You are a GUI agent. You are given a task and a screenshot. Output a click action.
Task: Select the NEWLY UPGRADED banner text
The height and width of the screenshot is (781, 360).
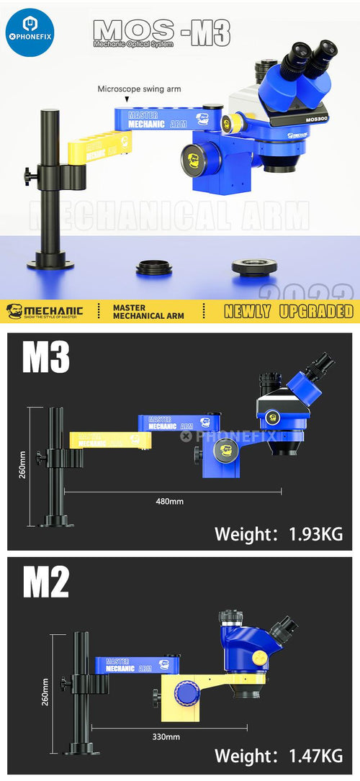tap(288, 311)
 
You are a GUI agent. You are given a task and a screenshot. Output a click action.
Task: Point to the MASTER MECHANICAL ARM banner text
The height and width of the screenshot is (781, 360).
tap(148, 311)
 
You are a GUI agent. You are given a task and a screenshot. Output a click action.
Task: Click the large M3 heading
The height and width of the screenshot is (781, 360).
tap(45, 358)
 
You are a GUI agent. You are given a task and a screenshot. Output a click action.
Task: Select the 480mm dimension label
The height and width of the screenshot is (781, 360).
tap(168, 501)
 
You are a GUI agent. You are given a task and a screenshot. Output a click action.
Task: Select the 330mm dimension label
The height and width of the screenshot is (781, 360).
tap(166, 736)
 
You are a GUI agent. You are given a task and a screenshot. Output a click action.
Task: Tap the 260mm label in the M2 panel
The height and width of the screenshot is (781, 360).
tap(45, 691)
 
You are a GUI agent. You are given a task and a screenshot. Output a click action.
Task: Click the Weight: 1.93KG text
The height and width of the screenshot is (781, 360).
tap(279, 533)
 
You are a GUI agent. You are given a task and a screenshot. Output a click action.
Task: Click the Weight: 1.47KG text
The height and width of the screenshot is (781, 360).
tap(279, 756)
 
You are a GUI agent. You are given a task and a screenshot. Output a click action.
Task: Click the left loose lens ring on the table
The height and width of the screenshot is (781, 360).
tap(154, 269)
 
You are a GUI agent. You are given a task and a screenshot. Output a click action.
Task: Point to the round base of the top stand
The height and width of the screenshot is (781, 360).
tap(50, 263)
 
